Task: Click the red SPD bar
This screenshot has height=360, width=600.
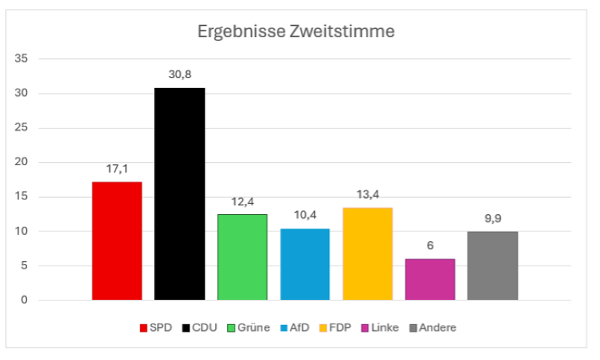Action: (117, 240)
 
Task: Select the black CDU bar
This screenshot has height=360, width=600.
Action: (179, 193)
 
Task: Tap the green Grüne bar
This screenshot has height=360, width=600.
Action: (242, 257)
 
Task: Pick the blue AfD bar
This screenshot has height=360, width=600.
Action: (304, 264)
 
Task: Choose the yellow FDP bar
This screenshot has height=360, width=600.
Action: (367, 254)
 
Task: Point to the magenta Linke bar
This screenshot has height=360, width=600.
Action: (430, 279)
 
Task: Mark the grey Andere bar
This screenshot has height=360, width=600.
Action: (492, 266)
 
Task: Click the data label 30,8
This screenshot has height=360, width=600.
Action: (179, 74)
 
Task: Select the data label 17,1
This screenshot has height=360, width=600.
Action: (117, 169)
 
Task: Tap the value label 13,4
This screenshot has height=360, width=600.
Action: (367, 194)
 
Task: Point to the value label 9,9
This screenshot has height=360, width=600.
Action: (492, 219)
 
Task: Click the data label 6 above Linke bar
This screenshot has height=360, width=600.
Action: (430, 245)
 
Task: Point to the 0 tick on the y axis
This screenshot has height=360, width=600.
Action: (24, 300)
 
